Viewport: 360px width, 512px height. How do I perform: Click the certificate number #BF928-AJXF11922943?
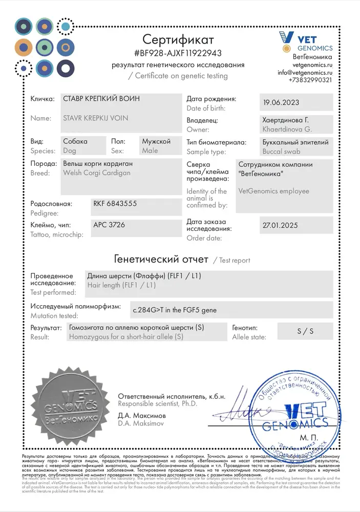(178, 53)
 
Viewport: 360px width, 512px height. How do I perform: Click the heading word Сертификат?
(178, 39)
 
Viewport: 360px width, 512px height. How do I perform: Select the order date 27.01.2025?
(280, 225)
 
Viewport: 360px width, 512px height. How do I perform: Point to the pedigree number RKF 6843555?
(115, 203)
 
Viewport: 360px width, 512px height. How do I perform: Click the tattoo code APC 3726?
(109, 225)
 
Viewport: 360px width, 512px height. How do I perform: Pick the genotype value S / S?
(305, 331)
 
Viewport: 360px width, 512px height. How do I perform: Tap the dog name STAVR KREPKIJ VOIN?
(95, 118)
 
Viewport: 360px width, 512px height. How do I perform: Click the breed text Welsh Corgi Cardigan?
(96, 173)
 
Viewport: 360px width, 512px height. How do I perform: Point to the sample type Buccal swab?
(281, 152)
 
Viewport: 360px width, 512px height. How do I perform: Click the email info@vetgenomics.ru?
(305, 73)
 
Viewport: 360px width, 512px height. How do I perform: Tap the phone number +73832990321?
(310, 80)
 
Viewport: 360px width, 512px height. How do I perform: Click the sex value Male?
(150, 151)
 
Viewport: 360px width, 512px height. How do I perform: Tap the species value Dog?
(69, 151)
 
